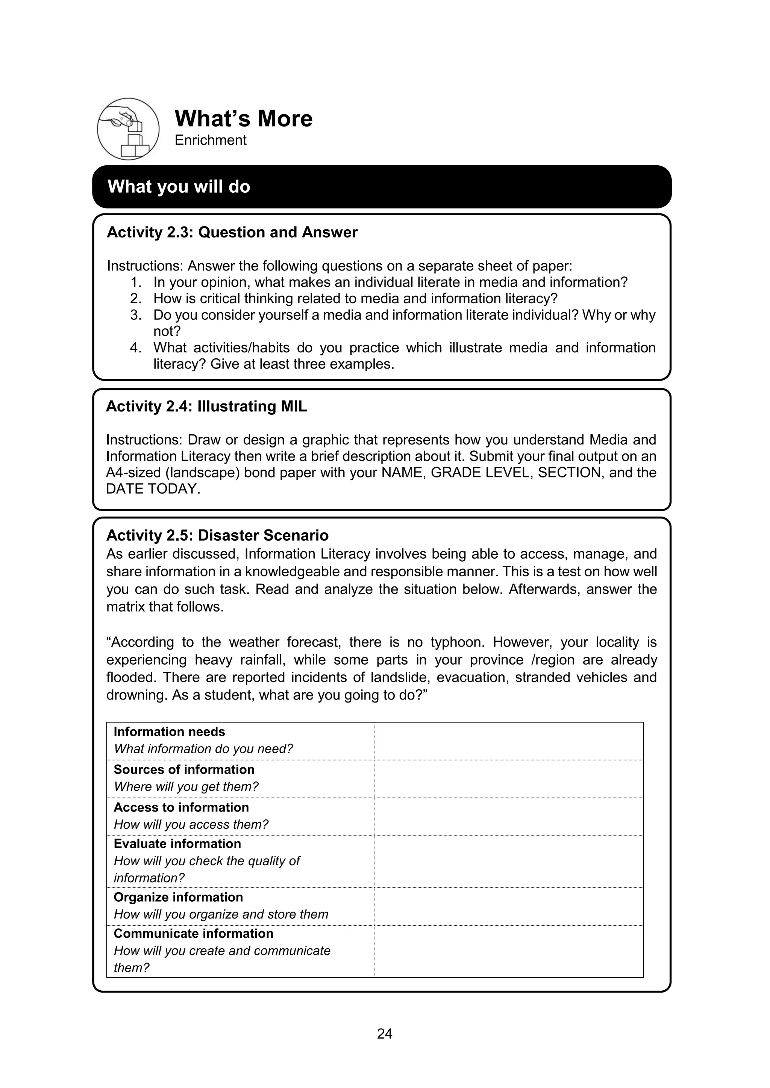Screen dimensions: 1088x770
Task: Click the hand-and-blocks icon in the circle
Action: (x=128, y=129)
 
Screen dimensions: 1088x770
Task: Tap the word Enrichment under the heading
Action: (x=210, y=140)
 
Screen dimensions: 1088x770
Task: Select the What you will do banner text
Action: (x=179, y=187)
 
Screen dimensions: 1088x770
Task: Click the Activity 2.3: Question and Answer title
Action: (x=232, y=232)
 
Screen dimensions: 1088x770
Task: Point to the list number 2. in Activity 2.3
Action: (x=136, y=299)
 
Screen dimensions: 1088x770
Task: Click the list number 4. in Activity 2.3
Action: (x=136, y=348)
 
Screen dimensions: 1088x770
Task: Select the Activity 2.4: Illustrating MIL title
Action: (x=206, y=406)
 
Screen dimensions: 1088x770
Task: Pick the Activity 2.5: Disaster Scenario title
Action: (x=217, y=535)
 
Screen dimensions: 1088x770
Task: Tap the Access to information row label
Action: (x=181, y=807)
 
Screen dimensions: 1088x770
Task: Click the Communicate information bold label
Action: (x=194, y=934)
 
